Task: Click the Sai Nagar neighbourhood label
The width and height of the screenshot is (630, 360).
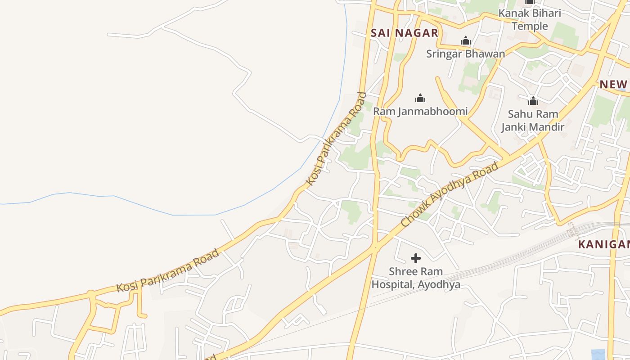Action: tap(404, 33)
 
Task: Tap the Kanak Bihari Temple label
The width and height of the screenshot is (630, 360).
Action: tap(530, 19)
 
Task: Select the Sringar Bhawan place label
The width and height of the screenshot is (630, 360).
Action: tap(465, 54)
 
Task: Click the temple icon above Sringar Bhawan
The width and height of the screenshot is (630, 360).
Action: tap(465, 41)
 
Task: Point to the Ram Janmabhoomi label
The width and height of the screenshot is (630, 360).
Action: tap(420, 111)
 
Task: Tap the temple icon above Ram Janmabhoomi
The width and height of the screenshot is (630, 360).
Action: tap(420, 98)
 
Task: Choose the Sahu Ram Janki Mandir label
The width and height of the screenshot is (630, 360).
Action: tap(533, 121)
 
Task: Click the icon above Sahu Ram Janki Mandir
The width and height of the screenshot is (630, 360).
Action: tap(533, 101)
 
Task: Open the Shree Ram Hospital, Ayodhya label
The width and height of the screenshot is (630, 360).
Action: tap(416, 278)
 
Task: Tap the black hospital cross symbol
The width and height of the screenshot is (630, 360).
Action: tap(416, 258)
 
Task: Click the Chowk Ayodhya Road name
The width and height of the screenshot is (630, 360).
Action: tap(450, 194)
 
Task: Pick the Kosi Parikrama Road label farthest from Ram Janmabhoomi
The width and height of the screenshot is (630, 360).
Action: tap(168, 270)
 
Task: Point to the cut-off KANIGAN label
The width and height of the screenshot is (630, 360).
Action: tap(604, 244)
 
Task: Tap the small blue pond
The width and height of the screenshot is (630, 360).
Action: tap(598, 355)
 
